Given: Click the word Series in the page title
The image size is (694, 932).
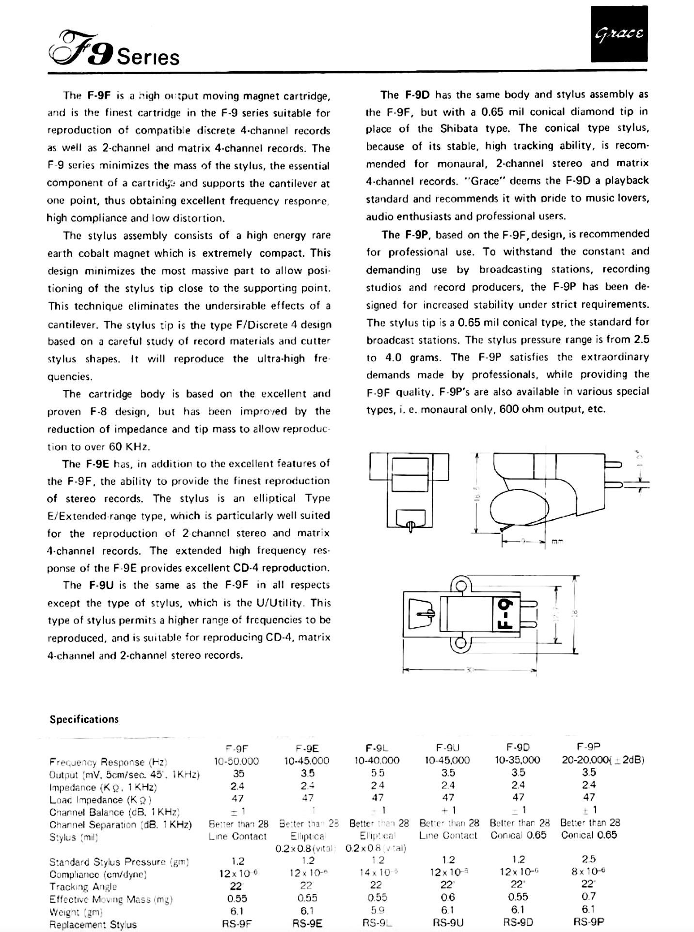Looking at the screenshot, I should point(148,58).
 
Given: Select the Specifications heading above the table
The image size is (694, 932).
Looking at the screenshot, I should point(84,719).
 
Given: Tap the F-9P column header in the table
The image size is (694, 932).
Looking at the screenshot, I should point(588,747).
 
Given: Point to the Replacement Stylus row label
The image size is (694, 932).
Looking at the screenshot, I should point(93,924).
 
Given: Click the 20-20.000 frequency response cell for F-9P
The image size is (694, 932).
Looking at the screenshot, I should point(602,760).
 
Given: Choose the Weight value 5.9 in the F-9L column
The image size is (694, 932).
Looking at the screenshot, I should point(378,910).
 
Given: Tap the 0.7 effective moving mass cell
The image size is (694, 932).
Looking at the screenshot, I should point(589,897).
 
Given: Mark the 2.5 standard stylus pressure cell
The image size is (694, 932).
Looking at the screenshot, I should point(589,859).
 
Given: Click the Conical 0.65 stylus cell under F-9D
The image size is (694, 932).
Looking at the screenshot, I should point(518,835).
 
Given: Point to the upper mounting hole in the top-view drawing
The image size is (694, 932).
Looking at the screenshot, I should point(461,588).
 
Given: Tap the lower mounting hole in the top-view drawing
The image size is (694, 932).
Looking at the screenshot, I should point(461,644).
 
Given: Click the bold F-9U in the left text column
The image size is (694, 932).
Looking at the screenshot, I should point(101,585).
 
